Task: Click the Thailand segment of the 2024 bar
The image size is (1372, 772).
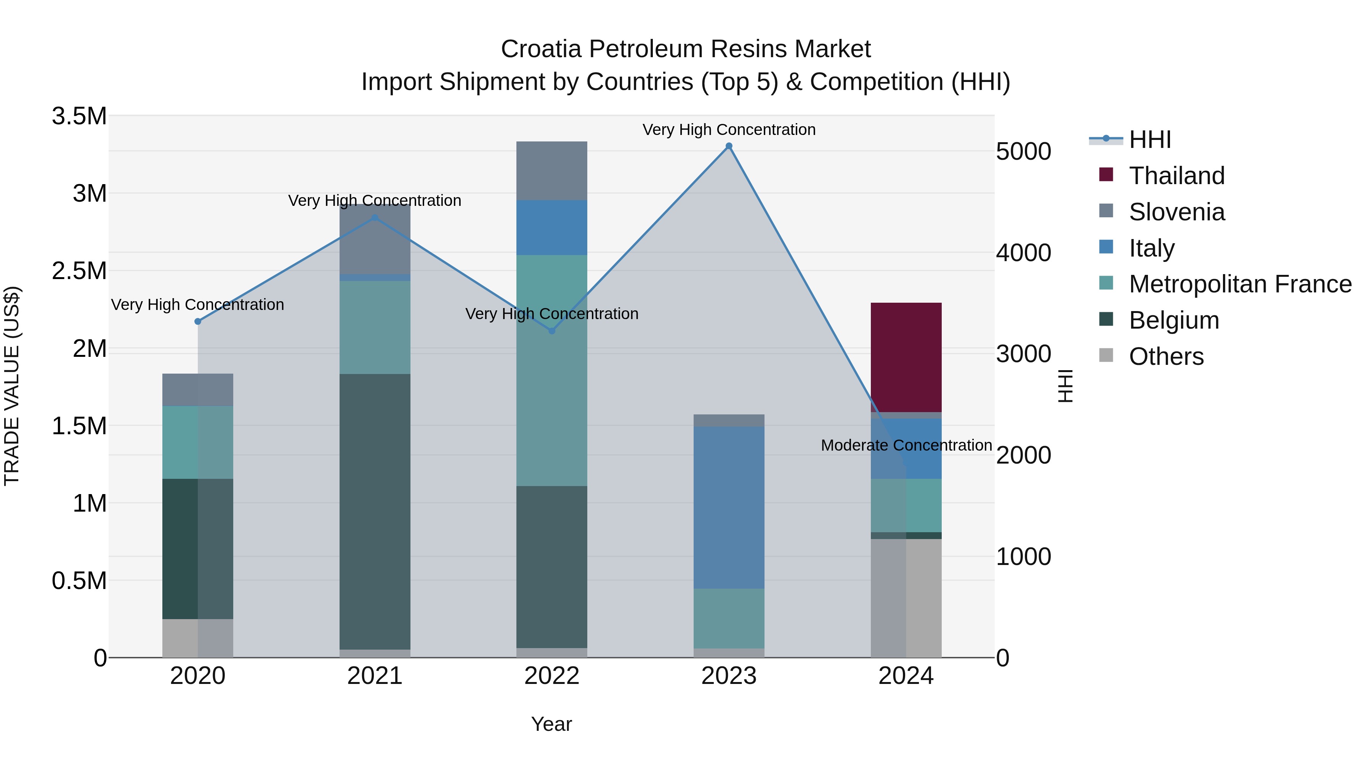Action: pos(906,357)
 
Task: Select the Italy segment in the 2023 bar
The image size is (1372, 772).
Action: pos(729,507)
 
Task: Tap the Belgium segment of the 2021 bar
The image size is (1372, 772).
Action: pos(375,512)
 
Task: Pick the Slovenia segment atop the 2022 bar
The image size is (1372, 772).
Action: pos(552,170)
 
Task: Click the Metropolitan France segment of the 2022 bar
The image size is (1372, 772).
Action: pos(552,370)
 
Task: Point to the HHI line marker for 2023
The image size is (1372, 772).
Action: pos(729,146)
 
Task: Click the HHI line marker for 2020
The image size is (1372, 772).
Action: pos(197,321)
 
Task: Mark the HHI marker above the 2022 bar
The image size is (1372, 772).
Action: pos(552,331)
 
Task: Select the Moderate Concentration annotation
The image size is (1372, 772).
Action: pos(906,445)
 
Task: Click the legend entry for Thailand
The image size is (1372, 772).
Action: pos(1176,176)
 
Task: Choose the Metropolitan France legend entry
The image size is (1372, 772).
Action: pos(1240,284)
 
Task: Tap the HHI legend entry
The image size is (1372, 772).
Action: pos(1149,140)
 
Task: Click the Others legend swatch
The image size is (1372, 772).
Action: pos(1106,355)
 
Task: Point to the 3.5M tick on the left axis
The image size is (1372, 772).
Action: pos(79,116)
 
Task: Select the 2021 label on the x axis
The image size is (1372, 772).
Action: pos(375,676)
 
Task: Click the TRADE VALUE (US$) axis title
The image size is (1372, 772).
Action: pos(12,386)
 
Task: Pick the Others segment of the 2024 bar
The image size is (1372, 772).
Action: pos(906,598)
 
